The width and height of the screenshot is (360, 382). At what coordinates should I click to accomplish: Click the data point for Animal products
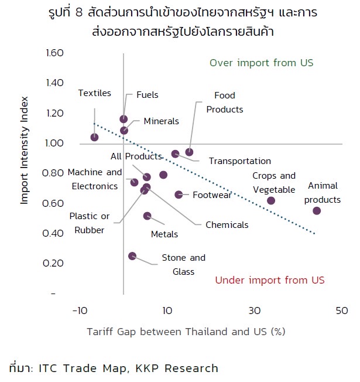click(x=317, y=210)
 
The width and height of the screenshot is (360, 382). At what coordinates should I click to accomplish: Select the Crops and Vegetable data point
click(x=271, y=200)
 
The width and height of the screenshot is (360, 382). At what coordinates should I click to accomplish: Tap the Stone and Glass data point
click(x=132, y=256)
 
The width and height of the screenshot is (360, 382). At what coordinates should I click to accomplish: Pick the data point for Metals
click(x=147, y=216)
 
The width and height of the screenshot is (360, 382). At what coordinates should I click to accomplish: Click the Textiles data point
click(x=94, y=137)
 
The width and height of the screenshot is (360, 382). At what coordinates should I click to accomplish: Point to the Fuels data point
click(x=124, y=119)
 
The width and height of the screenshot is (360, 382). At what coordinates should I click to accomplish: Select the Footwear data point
click(x=179, y=195)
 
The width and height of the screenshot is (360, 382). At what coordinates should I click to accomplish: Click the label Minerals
click(x=161, y=121)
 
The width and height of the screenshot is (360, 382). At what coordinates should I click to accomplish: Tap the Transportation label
click(x=239, y=161)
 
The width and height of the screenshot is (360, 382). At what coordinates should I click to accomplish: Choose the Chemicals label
click(x=227, y=224)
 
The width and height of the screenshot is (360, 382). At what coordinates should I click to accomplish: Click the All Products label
click(x=136, y=156)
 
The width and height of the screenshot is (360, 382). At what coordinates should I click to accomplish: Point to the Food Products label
click(x=224, y=102)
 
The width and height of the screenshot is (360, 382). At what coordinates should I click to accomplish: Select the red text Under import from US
click(x=269, y=280)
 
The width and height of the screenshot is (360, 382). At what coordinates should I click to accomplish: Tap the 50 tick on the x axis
click(x=342, y=310)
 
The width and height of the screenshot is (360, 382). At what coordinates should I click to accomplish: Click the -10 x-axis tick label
click(x=80, y=310)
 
